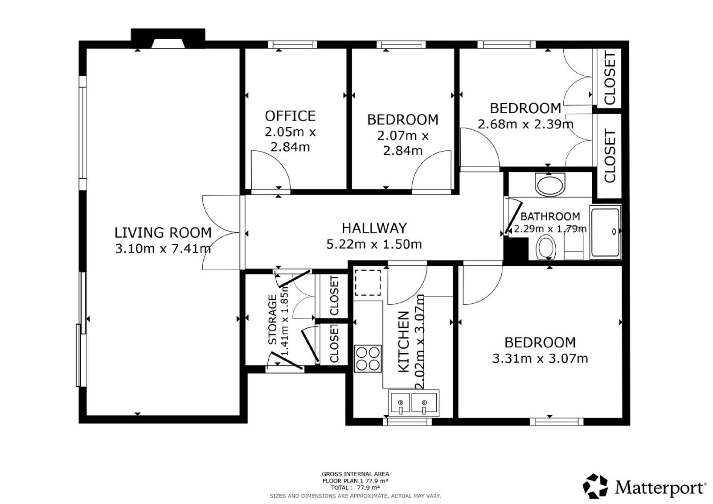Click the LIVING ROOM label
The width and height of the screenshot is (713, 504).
pos(163,233)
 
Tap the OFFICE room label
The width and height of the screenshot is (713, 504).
pos(290,116)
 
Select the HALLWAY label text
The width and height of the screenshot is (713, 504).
pos(374,228)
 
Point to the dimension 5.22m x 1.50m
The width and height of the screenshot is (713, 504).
pos(374,244)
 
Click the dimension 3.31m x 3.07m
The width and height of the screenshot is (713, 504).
pos(540,359)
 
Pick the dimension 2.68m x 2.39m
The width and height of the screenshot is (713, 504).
pos(525,124)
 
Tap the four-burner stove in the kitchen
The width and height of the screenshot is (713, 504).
pos(368,359)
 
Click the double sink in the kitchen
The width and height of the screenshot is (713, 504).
pos(414,403)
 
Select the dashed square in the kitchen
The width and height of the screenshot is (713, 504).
pos(368,283)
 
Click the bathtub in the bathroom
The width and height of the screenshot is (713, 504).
pos(606,232)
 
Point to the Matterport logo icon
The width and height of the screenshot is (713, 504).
pos(595,486)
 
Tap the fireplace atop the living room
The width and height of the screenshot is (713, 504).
pos(168,38)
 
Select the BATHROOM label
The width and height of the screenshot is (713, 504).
pos(550,217)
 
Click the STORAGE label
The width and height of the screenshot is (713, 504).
pos(272,320)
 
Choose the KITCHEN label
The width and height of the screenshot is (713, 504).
pos(404,342)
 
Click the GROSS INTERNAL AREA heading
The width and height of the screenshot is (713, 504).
pos(355,474)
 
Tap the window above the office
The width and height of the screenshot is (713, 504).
pos(293,45)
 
